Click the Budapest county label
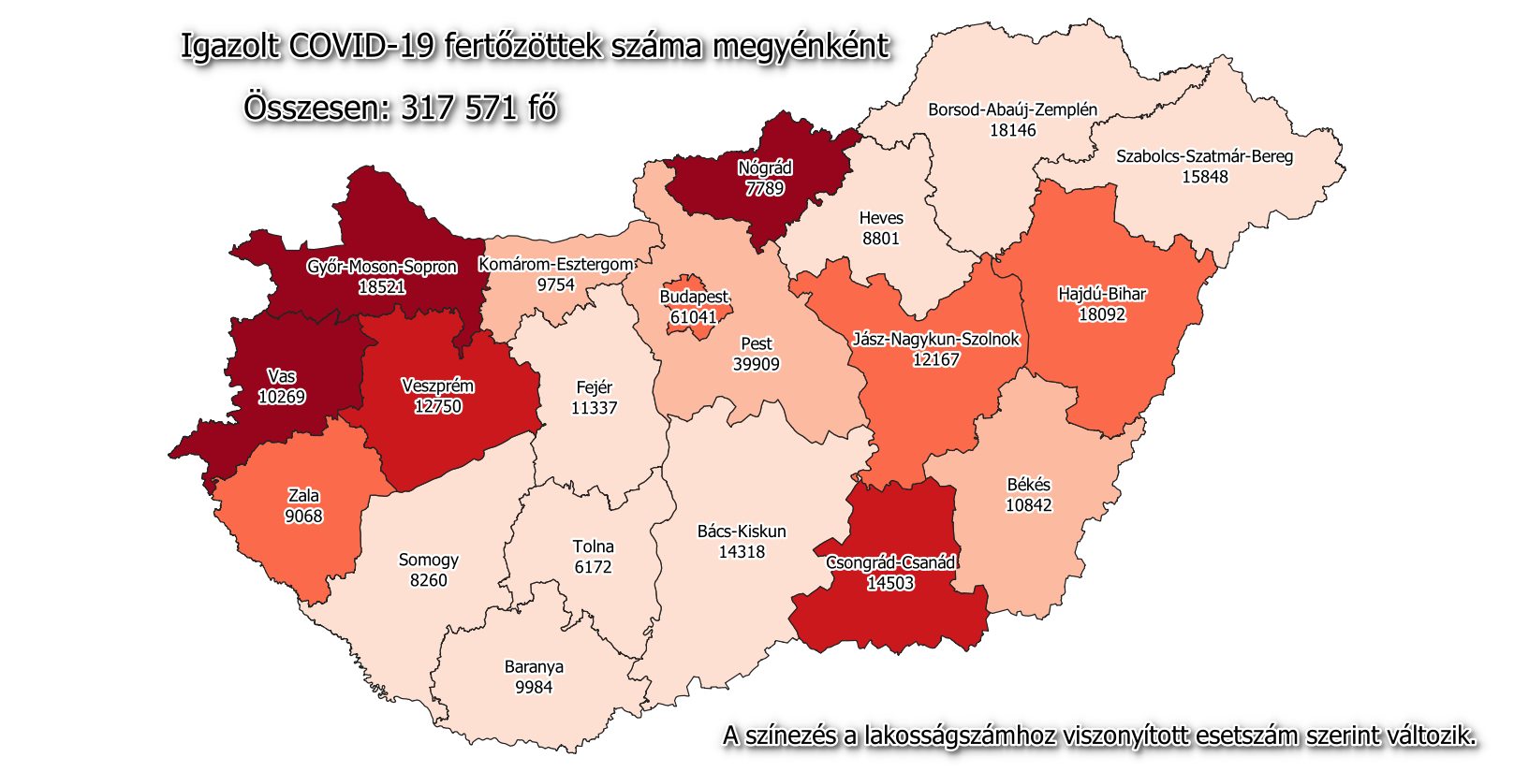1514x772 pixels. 694,297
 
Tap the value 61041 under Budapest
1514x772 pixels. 693,317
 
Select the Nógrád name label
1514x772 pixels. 765,168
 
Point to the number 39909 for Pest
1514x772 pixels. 756,364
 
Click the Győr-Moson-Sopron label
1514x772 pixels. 382,267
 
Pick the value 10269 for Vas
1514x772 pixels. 282,397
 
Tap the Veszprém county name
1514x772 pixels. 437,386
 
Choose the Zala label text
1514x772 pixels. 303,496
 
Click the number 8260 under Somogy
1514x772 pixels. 428,580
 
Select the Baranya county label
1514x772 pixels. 534,667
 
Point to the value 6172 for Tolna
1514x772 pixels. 593,567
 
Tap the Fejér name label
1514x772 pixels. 594,387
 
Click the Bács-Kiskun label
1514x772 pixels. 742,532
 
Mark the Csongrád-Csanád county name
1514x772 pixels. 890,562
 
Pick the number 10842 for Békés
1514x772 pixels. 1028,505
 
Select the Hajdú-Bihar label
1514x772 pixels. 1102,294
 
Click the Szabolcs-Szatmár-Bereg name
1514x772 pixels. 1204,156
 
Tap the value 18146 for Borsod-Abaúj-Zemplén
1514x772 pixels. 1012,130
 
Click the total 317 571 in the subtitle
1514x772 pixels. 460,108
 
